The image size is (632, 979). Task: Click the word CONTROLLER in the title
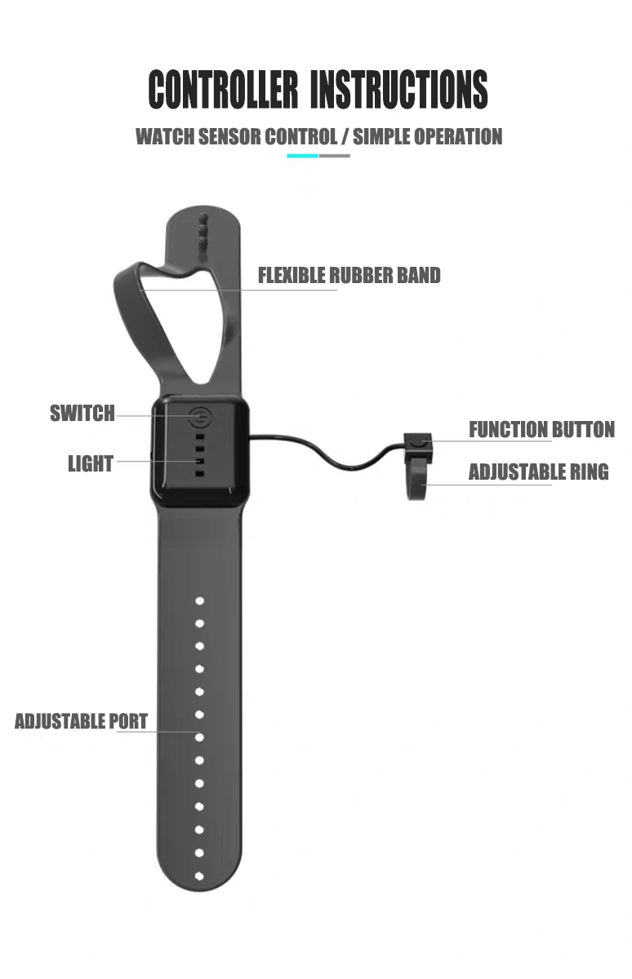click(223, 90)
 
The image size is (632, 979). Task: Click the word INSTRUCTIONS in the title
click(399, 90)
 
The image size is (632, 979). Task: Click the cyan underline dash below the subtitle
click(302, 155)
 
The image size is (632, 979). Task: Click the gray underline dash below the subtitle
click(335, 155)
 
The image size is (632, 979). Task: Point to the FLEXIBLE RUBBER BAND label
click(349, 276)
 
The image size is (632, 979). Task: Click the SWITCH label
click(82, 414)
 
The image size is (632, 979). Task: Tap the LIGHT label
click(90, 464)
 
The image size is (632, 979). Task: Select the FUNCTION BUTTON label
click(541, 429)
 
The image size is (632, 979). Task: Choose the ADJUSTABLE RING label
click(538, 472)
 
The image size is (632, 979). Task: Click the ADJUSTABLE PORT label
click(81, 721)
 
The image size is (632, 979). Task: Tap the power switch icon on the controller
click(199, 419)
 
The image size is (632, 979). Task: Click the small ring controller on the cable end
click(417, 465)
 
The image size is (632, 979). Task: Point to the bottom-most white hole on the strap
click(199, 876)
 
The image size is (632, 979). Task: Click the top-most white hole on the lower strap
click(199, 600)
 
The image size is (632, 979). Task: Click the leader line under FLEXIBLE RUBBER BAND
click(245, 290)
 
